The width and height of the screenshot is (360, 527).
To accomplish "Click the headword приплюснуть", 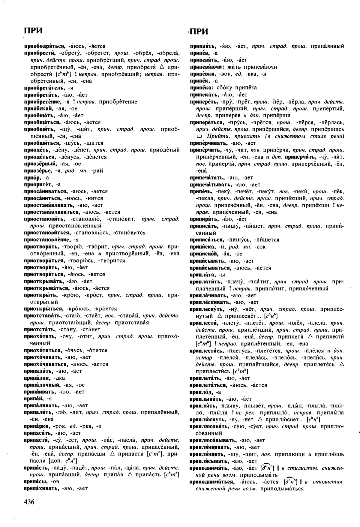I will click(x=207, y=420).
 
